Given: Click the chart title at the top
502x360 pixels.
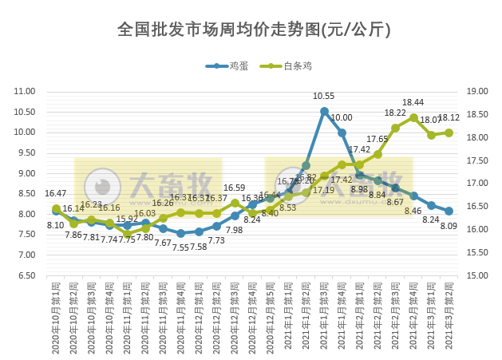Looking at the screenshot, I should tap(254, 30).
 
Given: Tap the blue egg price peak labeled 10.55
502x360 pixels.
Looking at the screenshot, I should tap(324, 111).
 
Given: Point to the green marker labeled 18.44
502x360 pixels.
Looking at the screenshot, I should tap(413, 117).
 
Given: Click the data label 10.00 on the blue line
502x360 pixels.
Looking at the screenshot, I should tap(342, 117).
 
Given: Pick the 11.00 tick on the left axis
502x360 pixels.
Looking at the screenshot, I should tap(25, 92).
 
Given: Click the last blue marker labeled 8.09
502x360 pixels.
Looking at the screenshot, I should tap(449, 212).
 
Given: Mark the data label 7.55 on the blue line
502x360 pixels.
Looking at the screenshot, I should tap(180, 247).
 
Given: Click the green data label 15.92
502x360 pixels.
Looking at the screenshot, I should tap(128, 219).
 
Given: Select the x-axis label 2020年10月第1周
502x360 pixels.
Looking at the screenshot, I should tap(56, 319).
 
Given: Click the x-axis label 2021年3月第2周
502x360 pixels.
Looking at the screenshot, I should tap(449, 319).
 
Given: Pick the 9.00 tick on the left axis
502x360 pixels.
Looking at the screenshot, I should tap(25, 173).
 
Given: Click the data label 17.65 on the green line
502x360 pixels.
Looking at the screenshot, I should tap(377, 139).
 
